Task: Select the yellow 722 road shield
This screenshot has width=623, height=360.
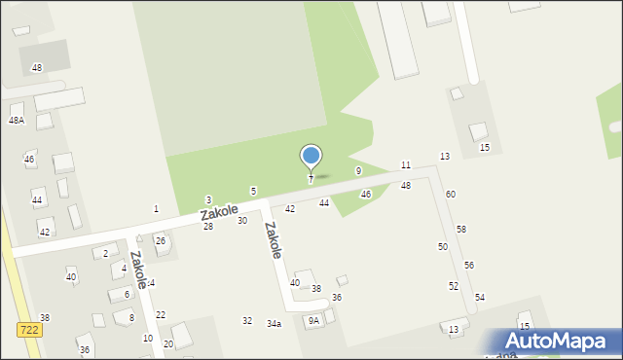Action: [28, 330]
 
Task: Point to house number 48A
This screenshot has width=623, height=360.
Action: [17, 120]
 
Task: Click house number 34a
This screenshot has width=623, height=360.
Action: [275, 323]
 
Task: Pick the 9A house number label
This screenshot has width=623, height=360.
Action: [313, 320]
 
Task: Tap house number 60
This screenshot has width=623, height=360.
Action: [451, 194]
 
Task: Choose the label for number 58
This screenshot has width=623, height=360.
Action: [461, 229]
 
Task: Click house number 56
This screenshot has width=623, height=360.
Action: [469, 265]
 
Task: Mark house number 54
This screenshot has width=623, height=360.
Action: [480, 296]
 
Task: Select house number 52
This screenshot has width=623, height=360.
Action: [454, 285]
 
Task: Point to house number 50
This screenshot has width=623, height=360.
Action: [443, 247]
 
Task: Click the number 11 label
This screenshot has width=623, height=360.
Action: [406, 165]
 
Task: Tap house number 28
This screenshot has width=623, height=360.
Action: [208, 226]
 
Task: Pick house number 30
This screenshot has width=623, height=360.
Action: [242, 220]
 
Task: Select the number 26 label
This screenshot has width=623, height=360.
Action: [161, 240]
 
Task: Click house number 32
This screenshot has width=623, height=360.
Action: [247, 320]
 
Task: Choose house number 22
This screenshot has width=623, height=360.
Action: [161, 314]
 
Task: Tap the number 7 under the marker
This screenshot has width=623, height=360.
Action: [311, 179]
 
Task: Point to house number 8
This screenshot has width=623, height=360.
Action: [131, 317]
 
